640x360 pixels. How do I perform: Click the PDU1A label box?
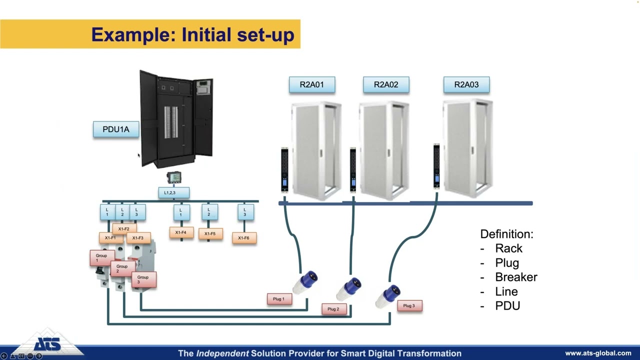116,129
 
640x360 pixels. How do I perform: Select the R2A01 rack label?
311,84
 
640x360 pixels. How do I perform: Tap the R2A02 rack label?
386,84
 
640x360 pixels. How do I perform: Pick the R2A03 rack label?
466,84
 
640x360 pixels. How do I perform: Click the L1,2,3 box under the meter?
173,192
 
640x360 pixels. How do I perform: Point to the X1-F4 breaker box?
181,232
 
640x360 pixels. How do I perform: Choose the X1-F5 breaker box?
210,233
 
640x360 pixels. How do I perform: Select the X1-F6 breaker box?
244,238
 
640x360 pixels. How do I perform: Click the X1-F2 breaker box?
124,228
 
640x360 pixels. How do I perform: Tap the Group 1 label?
101,257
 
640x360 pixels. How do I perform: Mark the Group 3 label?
143,279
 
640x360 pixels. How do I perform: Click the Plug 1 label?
279,299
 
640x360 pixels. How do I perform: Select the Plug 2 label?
333,309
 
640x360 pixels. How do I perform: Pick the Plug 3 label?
409,305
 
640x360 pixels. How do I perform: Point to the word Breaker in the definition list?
516,277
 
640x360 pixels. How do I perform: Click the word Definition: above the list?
506,234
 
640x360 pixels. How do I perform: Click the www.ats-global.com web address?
598,353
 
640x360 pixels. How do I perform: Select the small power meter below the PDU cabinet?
173,177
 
